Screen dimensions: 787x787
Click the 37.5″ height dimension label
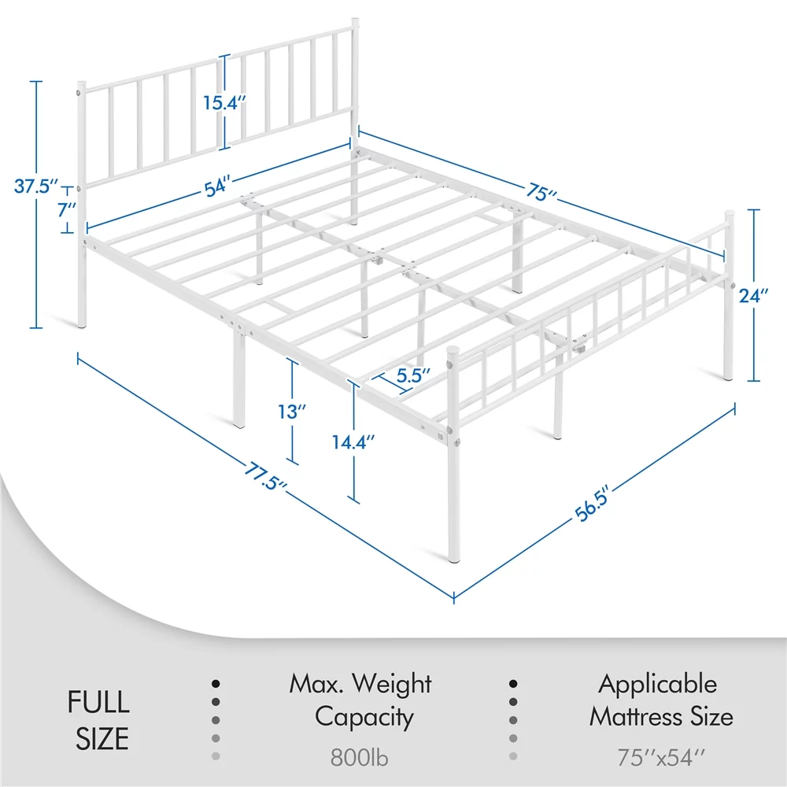tap(36, 187)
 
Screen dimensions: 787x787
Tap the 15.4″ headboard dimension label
tap(224, 103)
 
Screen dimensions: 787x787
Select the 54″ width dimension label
tap(218, 187)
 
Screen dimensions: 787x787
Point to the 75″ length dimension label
tap(541, 191)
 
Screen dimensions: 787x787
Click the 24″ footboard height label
tap(753, 296)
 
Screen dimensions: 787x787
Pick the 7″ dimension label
tap(67, 209)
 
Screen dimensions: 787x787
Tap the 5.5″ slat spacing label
tap(413, 375)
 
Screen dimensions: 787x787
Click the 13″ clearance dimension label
tap(292, 412)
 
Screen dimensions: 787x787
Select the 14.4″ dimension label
tap(353, 442)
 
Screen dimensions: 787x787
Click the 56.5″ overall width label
tap(592, 504)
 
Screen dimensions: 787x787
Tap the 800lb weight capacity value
tap(360, 757)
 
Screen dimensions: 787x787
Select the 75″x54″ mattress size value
tap(661, 757)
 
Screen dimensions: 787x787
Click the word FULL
tap(98, 702)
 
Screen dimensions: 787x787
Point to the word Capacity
tap(364, 717)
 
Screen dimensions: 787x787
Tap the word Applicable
tap(657, 684)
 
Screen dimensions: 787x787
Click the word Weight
tap(391, 684)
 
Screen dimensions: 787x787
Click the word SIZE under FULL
tap(102, 739)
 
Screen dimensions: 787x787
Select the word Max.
tap(316, 684)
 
